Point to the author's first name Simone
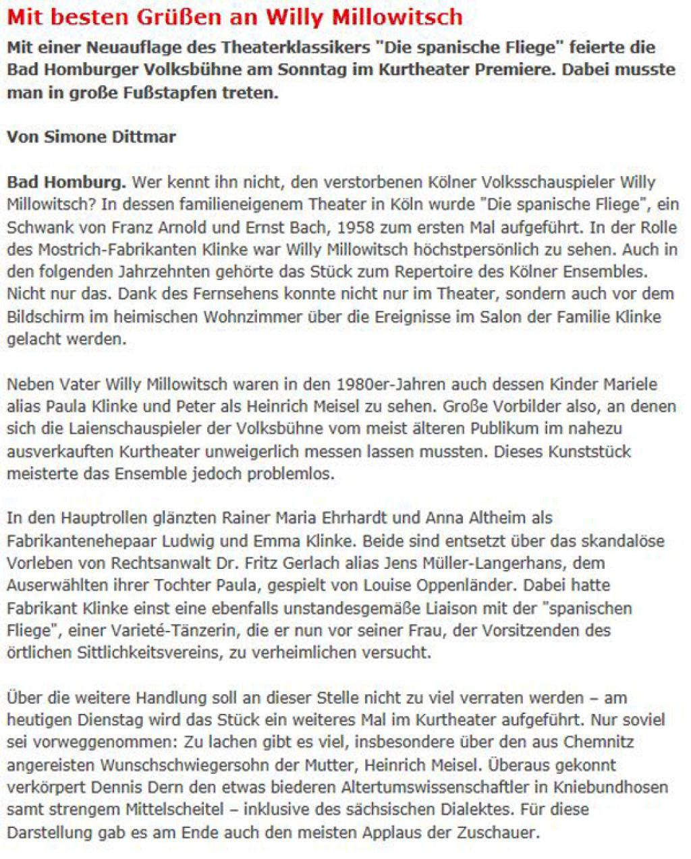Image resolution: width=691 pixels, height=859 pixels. pos(71,137)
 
